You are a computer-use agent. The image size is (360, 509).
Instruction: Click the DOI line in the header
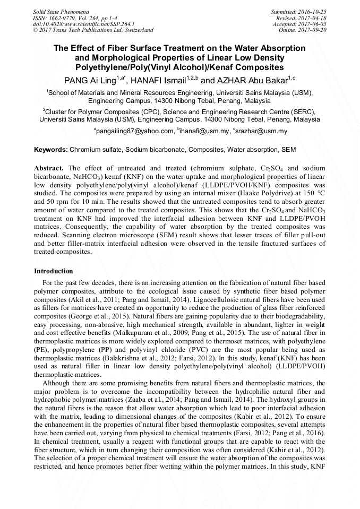pyautogui.click(x=83, y=24)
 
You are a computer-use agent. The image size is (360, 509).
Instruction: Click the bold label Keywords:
pyautogui.click(x=51, y=150)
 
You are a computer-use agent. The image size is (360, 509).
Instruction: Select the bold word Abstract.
pyautogui.click(x=49, y=168)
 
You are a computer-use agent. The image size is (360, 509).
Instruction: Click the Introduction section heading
pyautogui.click(x=54, y=271)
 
